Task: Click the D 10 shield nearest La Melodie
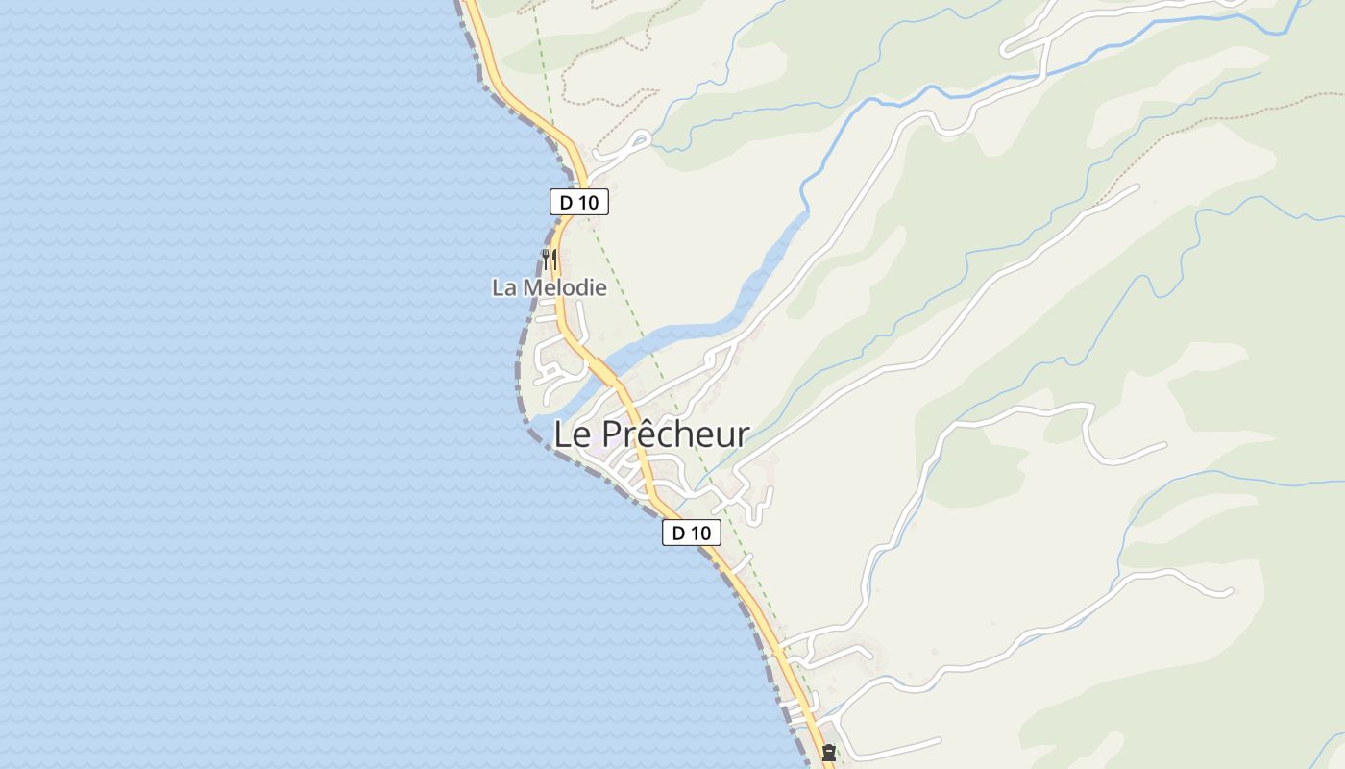click(x=579, y=202)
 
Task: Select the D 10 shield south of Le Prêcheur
click(x=691, y=533)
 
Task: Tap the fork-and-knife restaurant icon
click(x=549, y=258)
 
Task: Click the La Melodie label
click(x=550, y=287)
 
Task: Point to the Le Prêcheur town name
click(x=651, y=434)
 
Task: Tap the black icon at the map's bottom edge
click(x=828, y=753)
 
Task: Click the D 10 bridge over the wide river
click(x=602, y=367)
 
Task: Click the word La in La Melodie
click(x=503, y=287)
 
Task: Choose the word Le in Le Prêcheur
click(x=572, y=434)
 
